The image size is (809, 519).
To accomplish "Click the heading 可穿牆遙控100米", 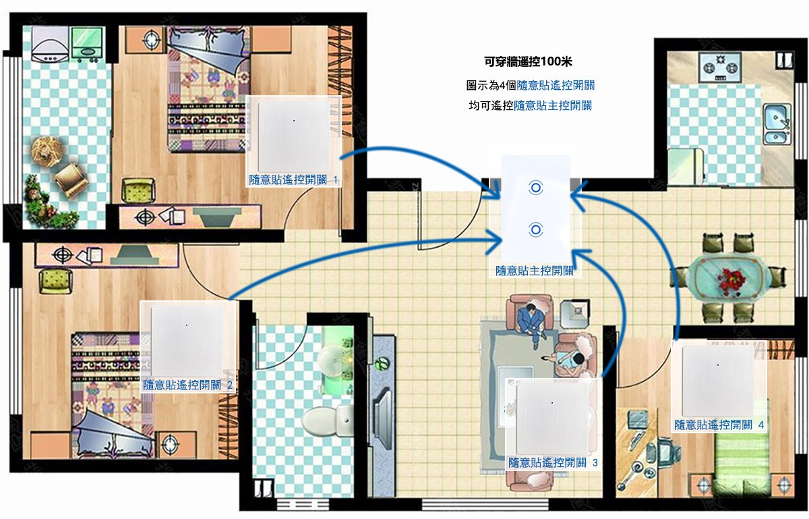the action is coord(528,61).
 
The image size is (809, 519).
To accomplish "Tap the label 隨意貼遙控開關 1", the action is coord(293,180).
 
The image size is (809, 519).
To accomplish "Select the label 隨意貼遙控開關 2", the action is coord(187,385).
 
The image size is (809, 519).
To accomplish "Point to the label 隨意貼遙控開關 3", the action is coord(553,462).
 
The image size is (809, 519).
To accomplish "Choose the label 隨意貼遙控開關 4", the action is coord(719,425).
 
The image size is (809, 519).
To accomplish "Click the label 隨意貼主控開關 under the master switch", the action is coord(535,271).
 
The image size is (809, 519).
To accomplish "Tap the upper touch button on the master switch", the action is coord(535,188).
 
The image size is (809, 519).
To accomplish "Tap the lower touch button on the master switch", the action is coord(535,229).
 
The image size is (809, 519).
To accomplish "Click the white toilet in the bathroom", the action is coord(327,420).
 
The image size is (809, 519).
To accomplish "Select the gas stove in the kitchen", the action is coord(720,67).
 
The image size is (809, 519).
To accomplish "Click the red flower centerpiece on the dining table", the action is coord(731,279).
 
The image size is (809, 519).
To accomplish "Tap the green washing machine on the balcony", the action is coord(87,42).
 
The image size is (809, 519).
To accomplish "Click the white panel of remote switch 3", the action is coord(552,418).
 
